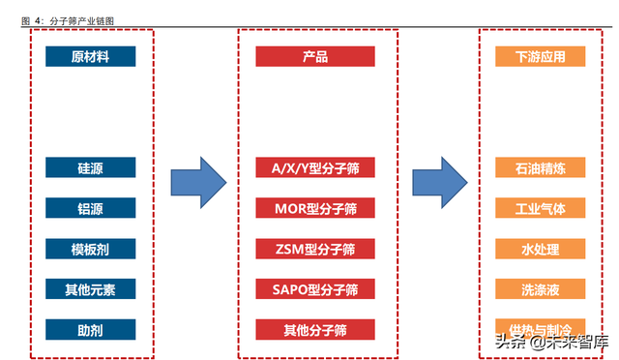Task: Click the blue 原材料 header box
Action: (x=90, y=57)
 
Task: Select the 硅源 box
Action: (x=90, y=167)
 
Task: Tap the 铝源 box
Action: (x=90, y=208)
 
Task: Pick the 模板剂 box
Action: (x=90, y=249)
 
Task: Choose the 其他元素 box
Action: (x=90, y=289)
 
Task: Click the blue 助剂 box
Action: (x=90, y=330)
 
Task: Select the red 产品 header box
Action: (x=314, y=57)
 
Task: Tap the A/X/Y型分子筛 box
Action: (x=314, y=167)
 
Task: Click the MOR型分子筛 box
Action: (x=314, y=208)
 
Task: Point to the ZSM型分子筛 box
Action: (x=314, y=249)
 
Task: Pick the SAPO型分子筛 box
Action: (x=314, y=289)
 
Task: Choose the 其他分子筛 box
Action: (x=314, y=330)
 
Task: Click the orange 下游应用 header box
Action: (x=541, y=57)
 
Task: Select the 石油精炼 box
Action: (x=541, y=167)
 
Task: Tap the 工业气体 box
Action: (x=541, y=208)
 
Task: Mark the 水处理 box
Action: (x=541, y=249)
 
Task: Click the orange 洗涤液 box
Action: (x=541, y=289)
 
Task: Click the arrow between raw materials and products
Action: (x=198, y=181)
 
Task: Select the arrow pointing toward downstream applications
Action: (x=440, y=181)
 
